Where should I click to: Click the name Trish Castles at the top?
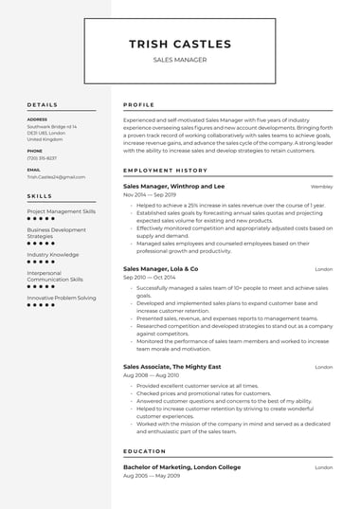click(x=179, y=44)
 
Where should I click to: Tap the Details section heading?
click(x=43, y=104)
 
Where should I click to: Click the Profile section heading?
click(x=139, y=104)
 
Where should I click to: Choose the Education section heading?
click(x=145, y=452)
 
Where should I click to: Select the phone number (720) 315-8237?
click(x=42, y=158)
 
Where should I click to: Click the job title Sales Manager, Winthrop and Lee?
click(x=174, y=187)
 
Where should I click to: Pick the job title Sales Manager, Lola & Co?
click(x=161, y=269)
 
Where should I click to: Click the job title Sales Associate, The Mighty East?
click(x=174, y=367)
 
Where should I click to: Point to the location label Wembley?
click(x=321, y=187)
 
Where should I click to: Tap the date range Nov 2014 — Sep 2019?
click(x=151, y=194)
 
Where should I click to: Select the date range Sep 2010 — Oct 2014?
click(x=150, y=278)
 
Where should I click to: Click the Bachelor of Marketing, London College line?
click(x=181, y=467)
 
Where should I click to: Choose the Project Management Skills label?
click(x=61, y=211)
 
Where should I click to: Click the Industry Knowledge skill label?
click(x=53, y=254)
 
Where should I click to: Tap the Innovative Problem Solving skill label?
click(x=62, y=298)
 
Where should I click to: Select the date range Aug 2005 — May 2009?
click(x=152, y=475)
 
